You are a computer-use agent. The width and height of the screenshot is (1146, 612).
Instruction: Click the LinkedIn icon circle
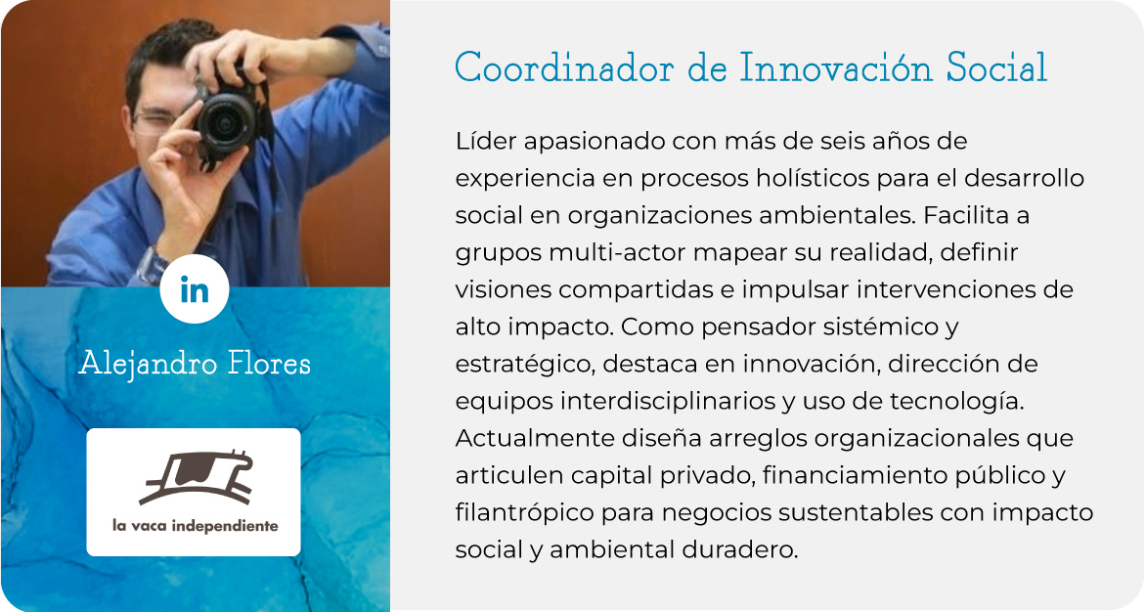[195, 289]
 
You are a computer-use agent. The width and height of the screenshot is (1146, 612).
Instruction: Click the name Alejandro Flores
[195, 363]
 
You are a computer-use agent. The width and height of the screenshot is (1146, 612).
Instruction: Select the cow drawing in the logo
[196, 477]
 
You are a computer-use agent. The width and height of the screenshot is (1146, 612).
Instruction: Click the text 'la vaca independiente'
[196, 525]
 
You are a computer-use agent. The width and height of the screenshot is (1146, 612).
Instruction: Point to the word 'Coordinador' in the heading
[563, 67]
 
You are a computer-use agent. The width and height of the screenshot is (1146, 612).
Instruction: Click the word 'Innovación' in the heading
[836, 67]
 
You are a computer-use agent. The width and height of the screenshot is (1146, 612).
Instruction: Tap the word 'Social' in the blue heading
[997, 67]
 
